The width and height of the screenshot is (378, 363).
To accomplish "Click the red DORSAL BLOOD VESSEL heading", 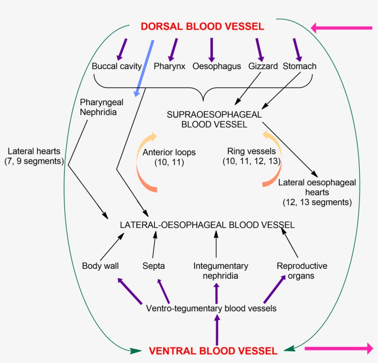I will pyautogui.click(x=202, y=26).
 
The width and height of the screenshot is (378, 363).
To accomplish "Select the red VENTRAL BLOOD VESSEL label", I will pyautogui.click(x=213, y=351).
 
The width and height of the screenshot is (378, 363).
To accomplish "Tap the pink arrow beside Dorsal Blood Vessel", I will pyautogui.click(x=341, y=28).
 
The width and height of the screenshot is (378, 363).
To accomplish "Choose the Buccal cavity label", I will pyautogui.click(x=116, y=66).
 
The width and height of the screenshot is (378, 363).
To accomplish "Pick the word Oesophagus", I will pyautogui.click(x=217, y=66).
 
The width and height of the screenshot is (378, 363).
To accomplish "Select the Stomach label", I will pyautogui.click(x=300, y=66).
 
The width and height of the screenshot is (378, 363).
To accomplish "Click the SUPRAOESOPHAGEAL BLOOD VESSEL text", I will pyautogui.click(x=214, y=119).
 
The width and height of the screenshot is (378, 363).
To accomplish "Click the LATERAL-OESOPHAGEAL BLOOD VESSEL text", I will pyautogui.click(x=207, y=225).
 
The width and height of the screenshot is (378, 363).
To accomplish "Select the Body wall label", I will pyautogui.click(x=100, y=266).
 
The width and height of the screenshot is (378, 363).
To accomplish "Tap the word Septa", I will pyautogui.click(x=154, y=266).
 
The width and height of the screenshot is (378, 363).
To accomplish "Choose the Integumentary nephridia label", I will pyautogui.click(x=221, y=271).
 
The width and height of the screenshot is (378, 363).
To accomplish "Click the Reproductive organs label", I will pyautogui.click(x=302, y=271).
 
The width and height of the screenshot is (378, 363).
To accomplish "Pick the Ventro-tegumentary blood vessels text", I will pyautogui.click(x=211, y=309).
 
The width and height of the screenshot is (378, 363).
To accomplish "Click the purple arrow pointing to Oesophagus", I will pyautogui.click(x=212, y=49).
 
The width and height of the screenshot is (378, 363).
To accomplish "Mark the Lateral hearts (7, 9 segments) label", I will pyautogui.click(x=35, y=156).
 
